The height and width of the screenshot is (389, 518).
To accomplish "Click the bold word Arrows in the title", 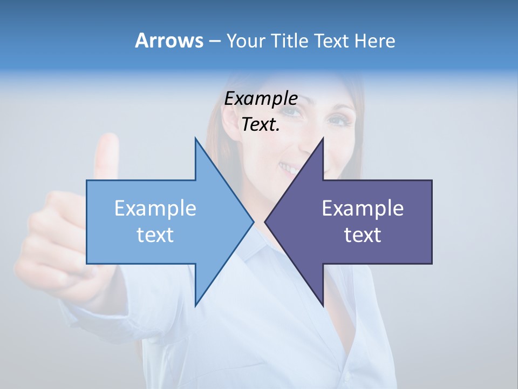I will click(x=168, y=41).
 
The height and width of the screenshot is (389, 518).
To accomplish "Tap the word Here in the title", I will click(x=375, y=41).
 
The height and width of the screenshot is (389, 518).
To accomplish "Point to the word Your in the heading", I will click(x=246, y=41).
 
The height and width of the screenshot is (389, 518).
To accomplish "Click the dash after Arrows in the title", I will click(x=214, y=42).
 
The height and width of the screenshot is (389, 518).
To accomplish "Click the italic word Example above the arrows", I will click(x=261, y=98).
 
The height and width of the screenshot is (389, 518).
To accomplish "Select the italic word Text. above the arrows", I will click(x=261, y=125).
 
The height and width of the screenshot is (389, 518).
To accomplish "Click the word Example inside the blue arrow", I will click(x=155, y=208).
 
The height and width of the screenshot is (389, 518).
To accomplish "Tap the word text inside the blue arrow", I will click(x=155, y=235).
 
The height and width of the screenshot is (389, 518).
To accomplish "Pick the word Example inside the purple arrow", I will click(x=363, y=208).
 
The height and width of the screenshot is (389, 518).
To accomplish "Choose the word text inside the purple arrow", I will click(x=363, y=235).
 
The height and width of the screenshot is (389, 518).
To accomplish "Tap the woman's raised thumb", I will click(x=107, y=154).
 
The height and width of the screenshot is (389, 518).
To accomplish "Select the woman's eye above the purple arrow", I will click(x=339, y=120).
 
